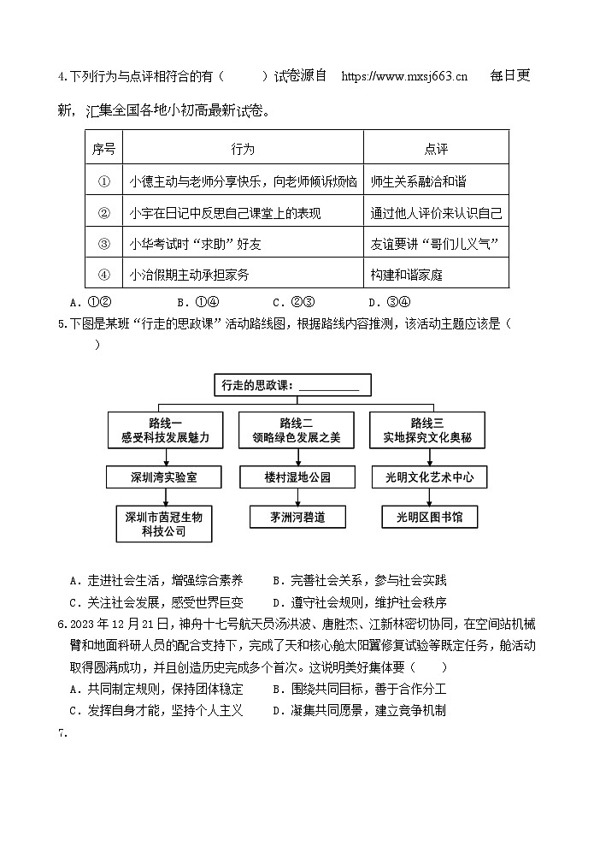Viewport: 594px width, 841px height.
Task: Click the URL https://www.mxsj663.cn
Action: (x=404, y=76)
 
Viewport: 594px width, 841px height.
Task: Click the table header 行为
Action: (x=243, y=149)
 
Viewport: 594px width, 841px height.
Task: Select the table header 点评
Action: (x=436, y=149)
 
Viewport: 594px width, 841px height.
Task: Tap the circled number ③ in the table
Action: (x=104, y=244)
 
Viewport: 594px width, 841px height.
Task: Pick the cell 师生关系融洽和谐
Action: (x=419, y=181)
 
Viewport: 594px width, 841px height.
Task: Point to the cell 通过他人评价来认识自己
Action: (x=436, y=213)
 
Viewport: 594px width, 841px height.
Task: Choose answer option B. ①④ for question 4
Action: (x=198, y=301)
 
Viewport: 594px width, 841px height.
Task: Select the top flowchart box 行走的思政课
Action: (x=291, y=385)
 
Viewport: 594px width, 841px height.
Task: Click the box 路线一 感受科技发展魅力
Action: (x=165, y=430)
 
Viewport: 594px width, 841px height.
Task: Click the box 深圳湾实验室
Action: (x=165, y=477)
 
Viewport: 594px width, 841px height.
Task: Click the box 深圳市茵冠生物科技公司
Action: (x=165, y=524)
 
